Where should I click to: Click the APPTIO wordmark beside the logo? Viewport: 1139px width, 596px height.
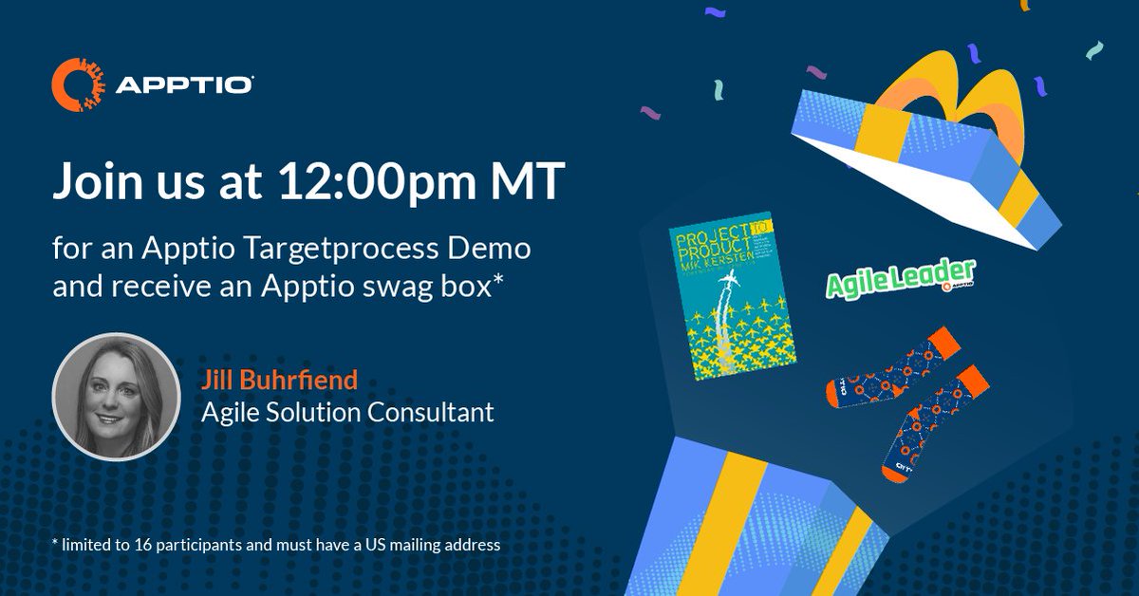pyautogui.click(x=184, y=86)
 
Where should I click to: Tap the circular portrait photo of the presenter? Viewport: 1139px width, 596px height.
pyautogui.click(x=116, y=396)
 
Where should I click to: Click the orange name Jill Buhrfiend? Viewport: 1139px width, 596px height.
pyautogui.click(x=279, y=382)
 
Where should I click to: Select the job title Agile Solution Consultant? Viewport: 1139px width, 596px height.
pyautogui.click(x=348, y=413)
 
